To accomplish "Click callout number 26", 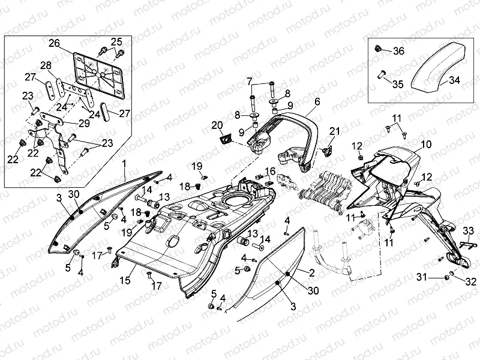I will pos(55,43).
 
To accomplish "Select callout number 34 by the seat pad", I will pos(454,80).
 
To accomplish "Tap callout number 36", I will pos(398,51).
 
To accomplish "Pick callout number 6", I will pos(317,103).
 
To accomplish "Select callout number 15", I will pos(125,280).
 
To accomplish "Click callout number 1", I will pos(124,163).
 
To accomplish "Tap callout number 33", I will pos(469,230).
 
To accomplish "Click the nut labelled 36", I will pos(378,49).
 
